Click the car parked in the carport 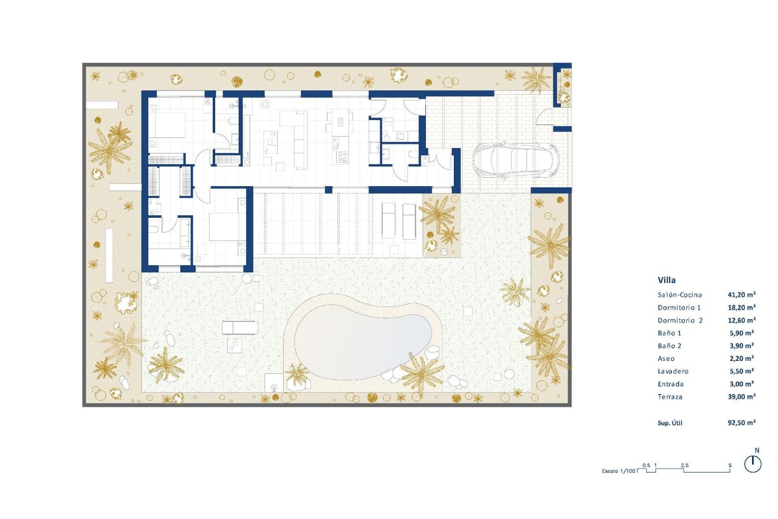coord(515,160)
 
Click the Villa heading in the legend coord(667,280)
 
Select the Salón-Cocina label coord(680,295)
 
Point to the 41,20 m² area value coord(742,295)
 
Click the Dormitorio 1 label coord(679,308)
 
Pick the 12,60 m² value coord(742,321)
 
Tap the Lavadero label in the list coord(673,371)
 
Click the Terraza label coord(670,397)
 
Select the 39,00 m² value coord(742,397)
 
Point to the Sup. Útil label coord(670,423)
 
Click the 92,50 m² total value coord(742,423)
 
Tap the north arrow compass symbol coord(753,464)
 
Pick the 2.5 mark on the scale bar coord(684,465)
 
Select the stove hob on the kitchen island coord(342,157)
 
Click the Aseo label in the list coord(666,359)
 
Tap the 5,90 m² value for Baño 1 coord(742,333)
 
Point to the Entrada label coord(670,384)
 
